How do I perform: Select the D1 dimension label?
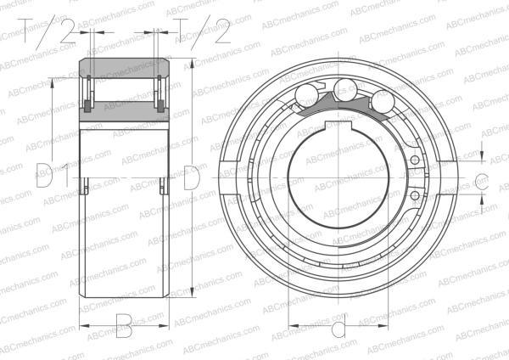[52, 179]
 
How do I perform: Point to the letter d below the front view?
[338, 328]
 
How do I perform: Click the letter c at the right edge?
[480, 180]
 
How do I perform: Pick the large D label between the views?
[192, 178]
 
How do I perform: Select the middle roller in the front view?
[344, 87]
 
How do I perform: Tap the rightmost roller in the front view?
[381, 102]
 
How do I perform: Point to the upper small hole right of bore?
[414, 160]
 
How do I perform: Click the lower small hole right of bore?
[414, 198]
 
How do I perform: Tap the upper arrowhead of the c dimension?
[482, 162]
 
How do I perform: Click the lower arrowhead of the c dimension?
[482, 196]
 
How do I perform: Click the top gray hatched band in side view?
[124, 69]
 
